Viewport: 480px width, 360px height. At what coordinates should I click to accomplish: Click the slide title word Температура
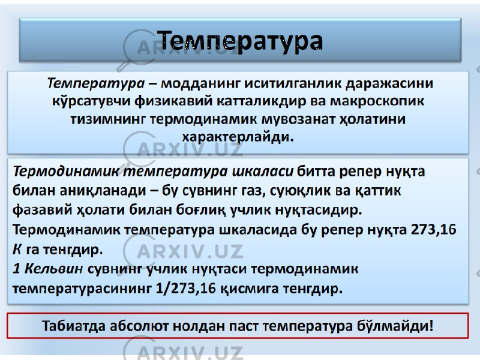[241, 41]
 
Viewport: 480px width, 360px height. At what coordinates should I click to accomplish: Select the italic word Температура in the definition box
[96, 83]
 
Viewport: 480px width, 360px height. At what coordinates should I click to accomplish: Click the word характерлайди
[238, 137]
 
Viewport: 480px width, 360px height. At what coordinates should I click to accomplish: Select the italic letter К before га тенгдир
[17, 249]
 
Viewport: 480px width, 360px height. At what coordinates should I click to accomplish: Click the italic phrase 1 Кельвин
[48, 269]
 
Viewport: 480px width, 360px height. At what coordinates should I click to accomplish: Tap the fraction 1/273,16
[186, 289]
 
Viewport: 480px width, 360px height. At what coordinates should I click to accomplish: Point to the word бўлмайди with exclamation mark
[395, 326]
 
